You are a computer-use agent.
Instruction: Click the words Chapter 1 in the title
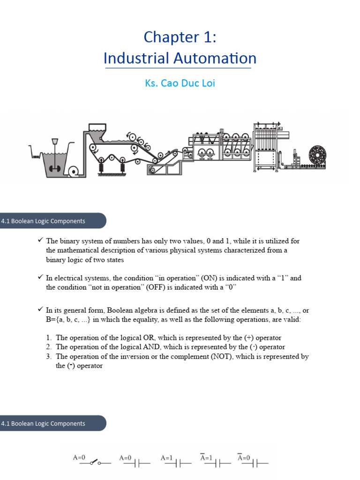click(180, 37)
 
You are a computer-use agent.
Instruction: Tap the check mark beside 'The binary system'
click(40, 240)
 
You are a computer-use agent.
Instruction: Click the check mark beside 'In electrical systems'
click(40, 277)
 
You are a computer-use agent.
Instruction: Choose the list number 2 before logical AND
click(49, 347)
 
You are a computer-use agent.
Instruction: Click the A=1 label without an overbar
click(166, 457)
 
